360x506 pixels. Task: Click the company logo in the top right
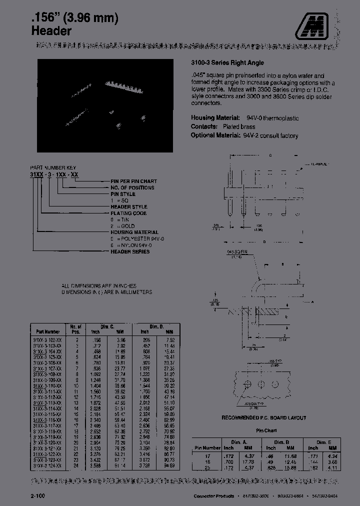(316, 25)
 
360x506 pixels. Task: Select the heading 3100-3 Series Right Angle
(227, 63)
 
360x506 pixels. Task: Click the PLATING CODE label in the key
(128, 213)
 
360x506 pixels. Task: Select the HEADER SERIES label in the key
(129, 251)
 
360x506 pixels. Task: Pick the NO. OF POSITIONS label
(132, 187)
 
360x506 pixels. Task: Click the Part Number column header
(48, 331)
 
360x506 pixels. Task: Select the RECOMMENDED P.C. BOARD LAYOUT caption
(264, 417)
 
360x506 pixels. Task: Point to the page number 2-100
(37, 495)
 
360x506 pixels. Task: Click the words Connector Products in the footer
(213, 495)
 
